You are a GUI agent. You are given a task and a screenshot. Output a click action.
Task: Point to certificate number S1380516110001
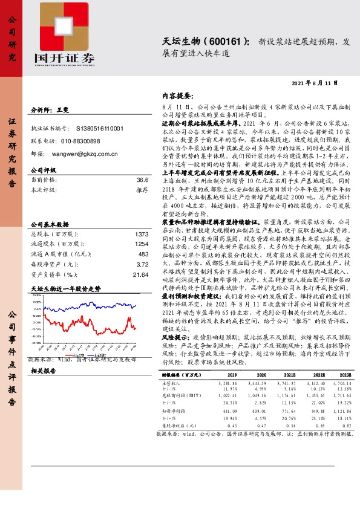pos(100,129)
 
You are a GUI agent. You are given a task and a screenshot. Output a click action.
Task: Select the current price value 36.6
pos(142,180)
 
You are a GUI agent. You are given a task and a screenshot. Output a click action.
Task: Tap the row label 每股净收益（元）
pos(182,441)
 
